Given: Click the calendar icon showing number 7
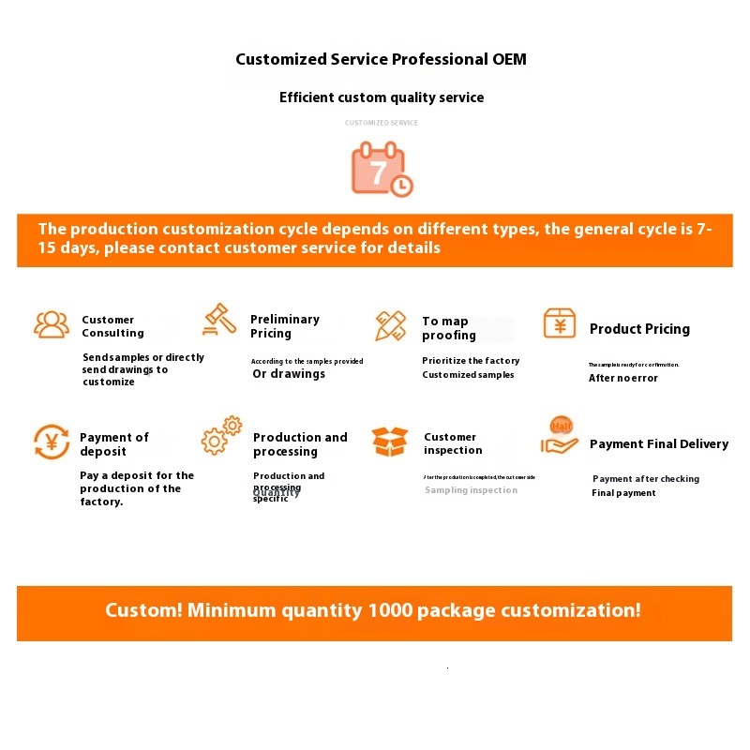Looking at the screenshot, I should [380, 169].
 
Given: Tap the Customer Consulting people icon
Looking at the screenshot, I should [52, 324].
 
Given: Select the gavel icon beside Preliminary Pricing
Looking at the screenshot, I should [219, 320].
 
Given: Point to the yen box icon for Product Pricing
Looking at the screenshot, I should [560, 323].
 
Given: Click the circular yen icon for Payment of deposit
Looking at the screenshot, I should [52, 442].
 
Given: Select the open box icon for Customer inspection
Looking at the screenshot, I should [390, 441].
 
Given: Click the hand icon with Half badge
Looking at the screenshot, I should [560, 437].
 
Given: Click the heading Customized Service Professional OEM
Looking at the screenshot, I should [381, 59].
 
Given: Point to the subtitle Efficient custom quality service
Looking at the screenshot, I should [382, 97].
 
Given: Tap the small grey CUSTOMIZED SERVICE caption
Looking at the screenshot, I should [382, 123].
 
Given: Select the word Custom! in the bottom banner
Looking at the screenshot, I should [143, 610].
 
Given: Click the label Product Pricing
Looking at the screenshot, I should [639, 329].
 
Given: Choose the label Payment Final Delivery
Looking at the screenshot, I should [659, 444].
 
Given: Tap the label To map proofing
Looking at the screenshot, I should [448, 328].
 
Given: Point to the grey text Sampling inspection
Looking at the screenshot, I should [471, 490].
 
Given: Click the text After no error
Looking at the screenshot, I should [623, 378].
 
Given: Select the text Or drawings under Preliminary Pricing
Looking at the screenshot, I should [289, 374].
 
